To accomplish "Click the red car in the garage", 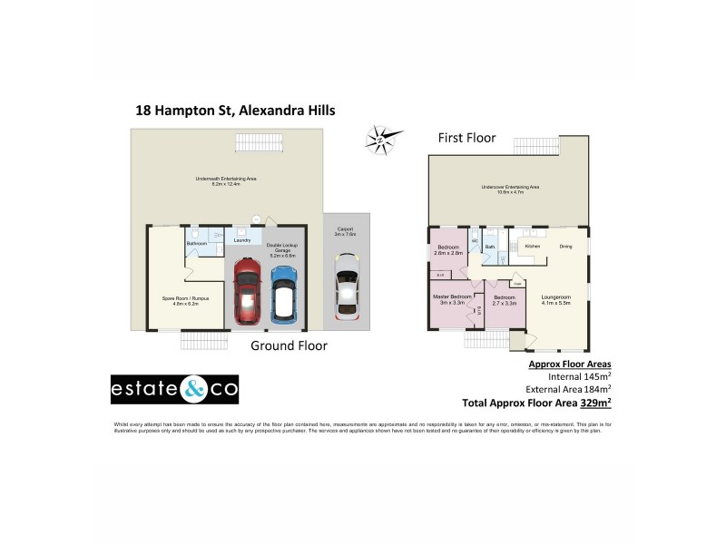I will click(x=247, y=292).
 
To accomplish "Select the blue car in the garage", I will click(x=284, y=292).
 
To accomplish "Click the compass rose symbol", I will click(x=383, y=140).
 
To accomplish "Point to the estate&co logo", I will click(x=174, y=390).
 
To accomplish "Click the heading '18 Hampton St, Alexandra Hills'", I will click(x=235, y=111).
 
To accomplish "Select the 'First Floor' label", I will click(x=466, y=138).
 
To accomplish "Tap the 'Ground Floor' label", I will click(x=289, y=345).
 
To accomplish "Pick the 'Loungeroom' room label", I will click(x=555, y=296).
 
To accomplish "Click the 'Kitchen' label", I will click(x=533, y=246).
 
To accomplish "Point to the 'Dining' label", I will click(x=565, y=246).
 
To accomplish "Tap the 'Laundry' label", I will click(x=242, y=240).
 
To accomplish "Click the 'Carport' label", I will click(x=346, y=229).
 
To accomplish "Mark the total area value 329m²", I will click(x=595, y=402).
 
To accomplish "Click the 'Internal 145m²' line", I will click(x=580, y=376).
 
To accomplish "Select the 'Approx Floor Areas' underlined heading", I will click(x=570, y=364).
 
